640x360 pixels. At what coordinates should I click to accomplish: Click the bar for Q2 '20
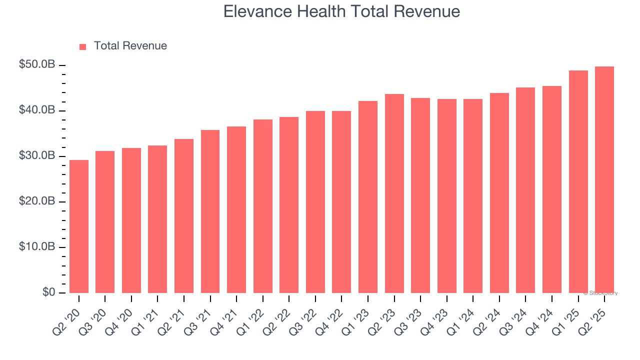[79, 226]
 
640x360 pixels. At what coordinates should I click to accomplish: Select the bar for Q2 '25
[604, 180]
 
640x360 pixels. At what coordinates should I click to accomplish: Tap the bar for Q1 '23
[368, 197]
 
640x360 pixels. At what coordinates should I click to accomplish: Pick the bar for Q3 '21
[210, 211]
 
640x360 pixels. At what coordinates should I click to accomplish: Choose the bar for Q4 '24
[552, 189]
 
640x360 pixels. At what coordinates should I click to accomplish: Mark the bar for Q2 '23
[394, 193]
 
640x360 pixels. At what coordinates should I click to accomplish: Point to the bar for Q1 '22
[263, 206]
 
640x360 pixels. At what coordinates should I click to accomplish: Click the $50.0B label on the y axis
[37, 64]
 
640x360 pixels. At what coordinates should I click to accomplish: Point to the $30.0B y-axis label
[37, 155]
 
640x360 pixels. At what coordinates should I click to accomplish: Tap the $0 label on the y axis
[48, 292]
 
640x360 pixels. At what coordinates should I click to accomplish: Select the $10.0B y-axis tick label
[37, 246]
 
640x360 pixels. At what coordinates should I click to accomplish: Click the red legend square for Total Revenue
[83, 46]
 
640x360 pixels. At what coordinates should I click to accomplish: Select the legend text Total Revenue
[130, 46]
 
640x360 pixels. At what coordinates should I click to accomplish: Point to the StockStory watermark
[600, 293]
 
